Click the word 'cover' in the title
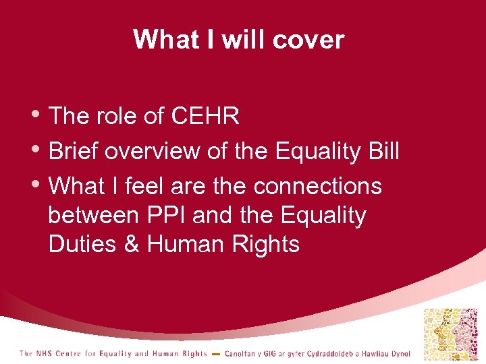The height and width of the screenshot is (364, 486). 310,40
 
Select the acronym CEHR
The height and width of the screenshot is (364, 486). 206,117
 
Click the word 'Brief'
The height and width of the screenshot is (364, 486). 75,152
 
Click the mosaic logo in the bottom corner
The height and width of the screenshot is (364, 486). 449,333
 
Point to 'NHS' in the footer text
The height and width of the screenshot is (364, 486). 46,354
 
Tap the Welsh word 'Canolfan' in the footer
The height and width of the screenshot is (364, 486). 240,354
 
